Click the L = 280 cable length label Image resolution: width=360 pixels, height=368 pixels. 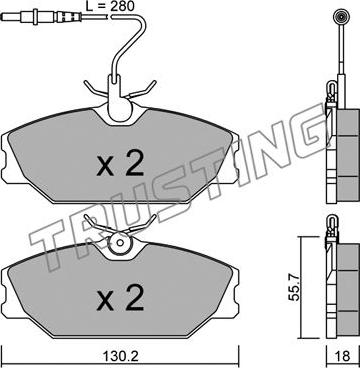(x=109, y=6)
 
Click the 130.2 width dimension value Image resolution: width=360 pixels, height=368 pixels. (x=121, y=356)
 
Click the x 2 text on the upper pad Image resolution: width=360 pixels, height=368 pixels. (x=120, y=164)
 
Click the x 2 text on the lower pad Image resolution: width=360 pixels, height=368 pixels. (x=120, y=297)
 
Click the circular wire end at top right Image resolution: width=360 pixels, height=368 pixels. (x=342, y=16)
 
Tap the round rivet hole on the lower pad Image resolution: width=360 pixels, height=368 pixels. (x=120, y=243)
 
